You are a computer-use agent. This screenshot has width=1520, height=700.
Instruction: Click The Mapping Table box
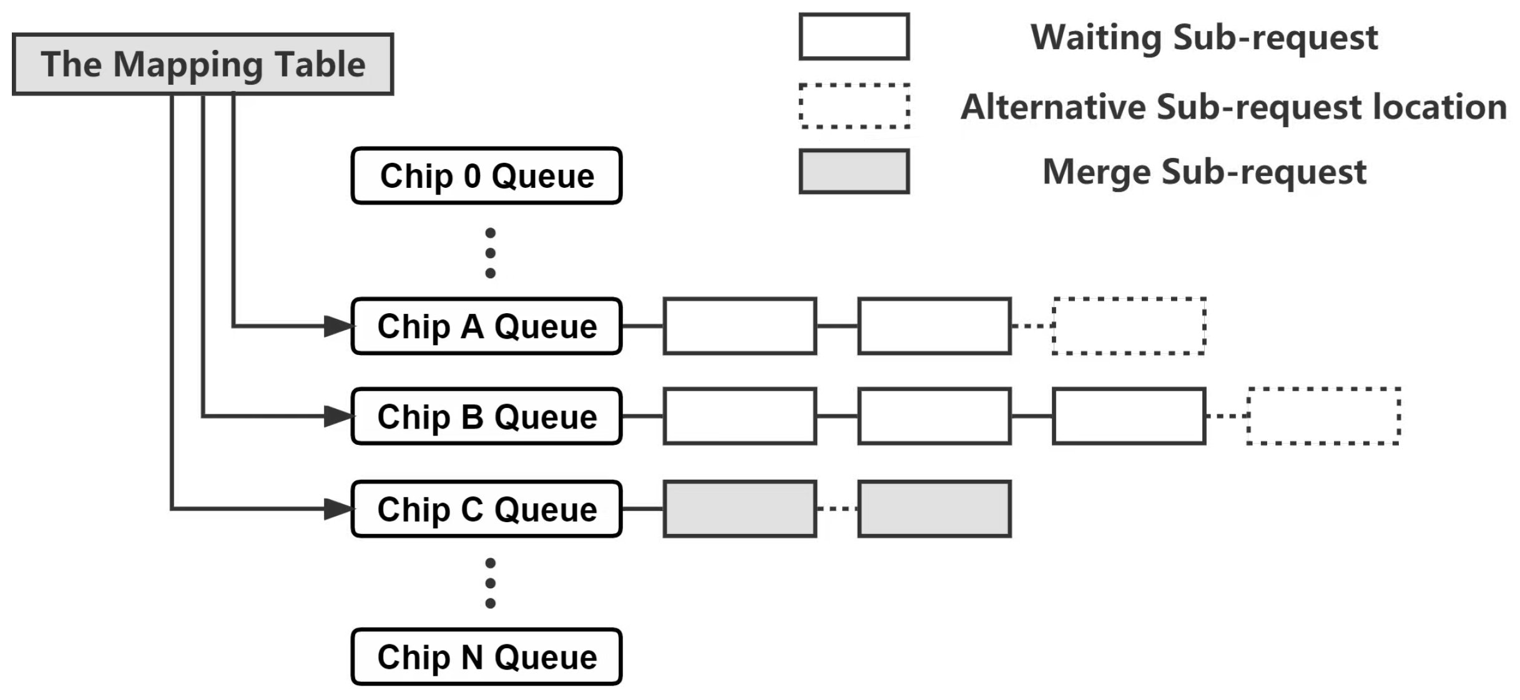point(203,64)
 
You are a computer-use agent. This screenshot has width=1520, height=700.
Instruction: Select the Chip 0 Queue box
point(486,176)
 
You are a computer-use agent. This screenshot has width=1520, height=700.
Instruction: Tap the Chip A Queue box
point(486,326)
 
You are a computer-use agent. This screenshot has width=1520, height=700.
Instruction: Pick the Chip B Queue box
point(486,416)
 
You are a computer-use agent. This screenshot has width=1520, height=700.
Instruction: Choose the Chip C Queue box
point(486,509)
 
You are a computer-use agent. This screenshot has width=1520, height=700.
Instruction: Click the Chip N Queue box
point(486,657)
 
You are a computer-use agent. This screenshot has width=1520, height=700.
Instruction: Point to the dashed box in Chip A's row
point(1129,326)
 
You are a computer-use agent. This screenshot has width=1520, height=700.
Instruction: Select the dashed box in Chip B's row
point(1323,416)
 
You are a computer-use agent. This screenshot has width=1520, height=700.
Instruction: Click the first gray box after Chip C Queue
point(740,509)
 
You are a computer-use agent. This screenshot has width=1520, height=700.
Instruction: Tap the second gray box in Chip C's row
point(934,509)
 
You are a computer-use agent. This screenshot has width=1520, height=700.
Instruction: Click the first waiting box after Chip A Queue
point(740,326)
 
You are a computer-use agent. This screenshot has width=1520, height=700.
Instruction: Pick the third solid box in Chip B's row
point(1129,416)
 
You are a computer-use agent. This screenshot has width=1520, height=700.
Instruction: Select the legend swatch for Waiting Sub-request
point(854,37)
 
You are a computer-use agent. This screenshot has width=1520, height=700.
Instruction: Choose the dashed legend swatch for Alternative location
point(854,106)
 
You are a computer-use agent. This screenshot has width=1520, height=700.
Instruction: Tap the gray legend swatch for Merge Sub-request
point(854,172)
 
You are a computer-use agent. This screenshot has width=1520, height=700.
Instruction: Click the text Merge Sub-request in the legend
point(1204,172)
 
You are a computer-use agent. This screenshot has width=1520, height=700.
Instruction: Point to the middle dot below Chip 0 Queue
point(490,253)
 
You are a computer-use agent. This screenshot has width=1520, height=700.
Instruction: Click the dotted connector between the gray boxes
point(837,509)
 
